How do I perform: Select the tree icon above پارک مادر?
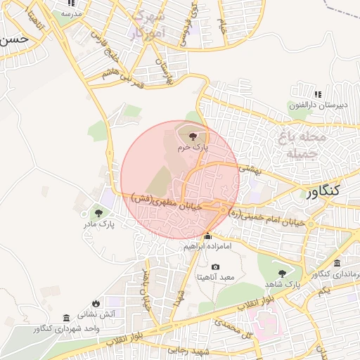point(98,212)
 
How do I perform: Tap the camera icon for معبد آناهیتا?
point(215,267)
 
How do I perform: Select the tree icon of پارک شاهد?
point(283,273)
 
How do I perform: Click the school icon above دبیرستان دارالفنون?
point(318,94)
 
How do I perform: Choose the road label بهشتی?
point(250,169)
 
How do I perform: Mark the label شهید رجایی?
point(195,350)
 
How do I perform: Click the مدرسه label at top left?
point(71,13)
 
